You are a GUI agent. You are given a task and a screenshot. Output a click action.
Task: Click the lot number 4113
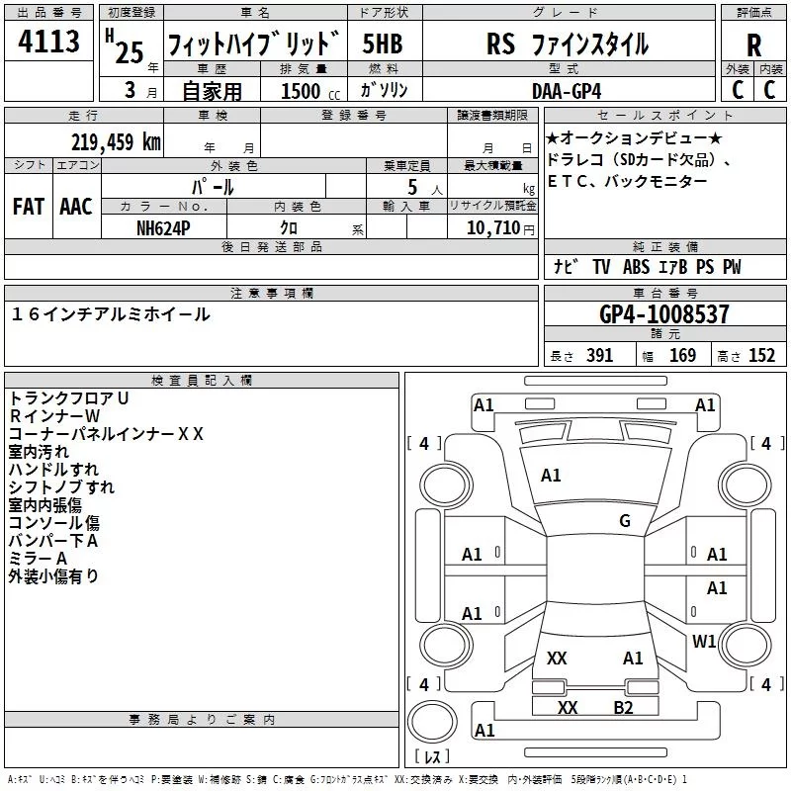click(x=48, y=42)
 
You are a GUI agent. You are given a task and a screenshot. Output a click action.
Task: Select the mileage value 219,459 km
click(x=116, y=142)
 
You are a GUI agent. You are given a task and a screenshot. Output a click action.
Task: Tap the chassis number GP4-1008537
click(x=664, y=314)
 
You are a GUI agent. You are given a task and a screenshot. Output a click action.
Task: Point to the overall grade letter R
click(x=753, y=44)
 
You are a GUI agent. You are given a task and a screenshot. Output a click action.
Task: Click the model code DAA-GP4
click(x=567, y=91)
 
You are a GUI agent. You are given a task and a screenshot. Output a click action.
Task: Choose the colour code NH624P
click(x=163, y=228)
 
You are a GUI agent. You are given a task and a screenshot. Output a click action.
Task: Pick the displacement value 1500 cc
click(x=310, y=91)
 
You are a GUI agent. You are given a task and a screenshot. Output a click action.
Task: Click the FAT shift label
click(x=29, y=207)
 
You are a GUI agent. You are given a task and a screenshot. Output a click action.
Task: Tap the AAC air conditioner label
click(x=76, y=207)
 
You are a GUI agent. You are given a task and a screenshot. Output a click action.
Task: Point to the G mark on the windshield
click(x=625, y=520)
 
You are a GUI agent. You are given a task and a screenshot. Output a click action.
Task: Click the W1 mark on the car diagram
click(x=704, y=641)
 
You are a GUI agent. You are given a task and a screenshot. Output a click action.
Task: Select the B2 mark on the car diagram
click(x=623, y=708)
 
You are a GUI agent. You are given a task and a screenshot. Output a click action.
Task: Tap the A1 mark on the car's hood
click(x=551, y=476)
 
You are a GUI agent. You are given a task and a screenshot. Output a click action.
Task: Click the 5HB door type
click(x=383, y=44)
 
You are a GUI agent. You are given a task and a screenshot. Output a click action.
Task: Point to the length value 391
click(x=600, y=355)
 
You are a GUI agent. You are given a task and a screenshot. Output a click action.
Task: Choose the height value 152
click(x=761, y=355)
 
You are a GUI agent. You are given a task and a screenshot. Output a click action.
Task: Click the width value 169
click(x=682, y=355)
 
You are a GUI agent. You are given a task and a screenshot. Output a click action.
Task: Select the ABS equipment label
click(x=636, y=267)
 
